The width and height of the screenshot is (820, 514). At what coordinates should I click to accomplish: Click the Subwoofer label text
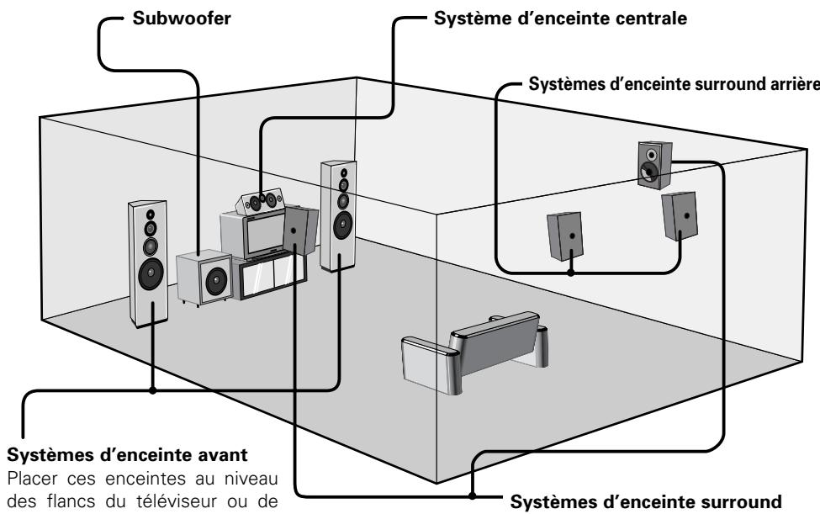click(x=182, y=19)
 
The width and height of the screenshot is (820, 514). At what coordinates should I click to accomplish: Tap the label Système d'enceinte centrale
click(x=560, y=19)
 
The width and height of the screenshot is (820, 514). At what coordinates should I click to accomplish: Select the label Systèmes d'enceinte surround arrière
click(x=675, y=83)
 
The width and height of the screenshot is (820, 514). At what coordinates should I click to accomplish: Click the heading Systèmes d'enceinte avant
click(x=127, y=454)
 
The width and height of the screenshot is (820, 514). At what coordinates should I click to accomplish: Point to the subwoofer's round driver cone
click(x=216, y=281)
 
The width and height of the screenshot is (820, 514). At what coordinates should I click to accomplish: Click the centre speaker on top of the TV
click(x=261, y=201)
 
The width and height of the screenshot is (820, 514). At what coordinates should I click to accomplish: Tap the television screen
click(x=266, y=233)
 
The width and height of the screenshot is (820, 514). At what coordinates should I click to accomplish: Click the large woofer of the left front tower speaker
click(x=151, y=273)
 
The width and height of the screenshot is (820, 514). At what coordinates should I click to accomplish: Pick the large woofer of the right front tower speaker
click(x=342, y=225)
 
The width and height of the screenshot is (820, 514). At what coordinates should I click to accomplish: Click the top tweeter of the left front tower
click(x=150, y=215)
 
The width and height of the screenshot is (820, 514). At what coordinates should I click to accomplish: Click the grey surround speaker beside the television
click(x=300, y=230)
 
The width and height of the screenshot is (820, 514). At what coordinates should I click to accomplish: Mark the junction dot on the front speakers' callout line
click(x=153, y=390)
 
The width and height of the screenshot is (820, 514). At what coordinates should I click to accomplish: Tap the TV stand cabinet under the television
click(x=269, y=274)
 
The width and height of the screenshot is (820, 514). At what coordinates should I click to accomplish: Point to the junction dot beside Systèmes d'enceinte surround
click(x=472, y=495)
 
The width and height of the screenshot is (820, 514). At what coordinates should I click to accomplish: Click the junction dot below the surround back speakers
click(x=571, y=272)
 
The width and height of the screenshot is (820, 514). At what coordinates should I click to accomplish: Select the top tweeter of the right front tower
click(x=344, y=172)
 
